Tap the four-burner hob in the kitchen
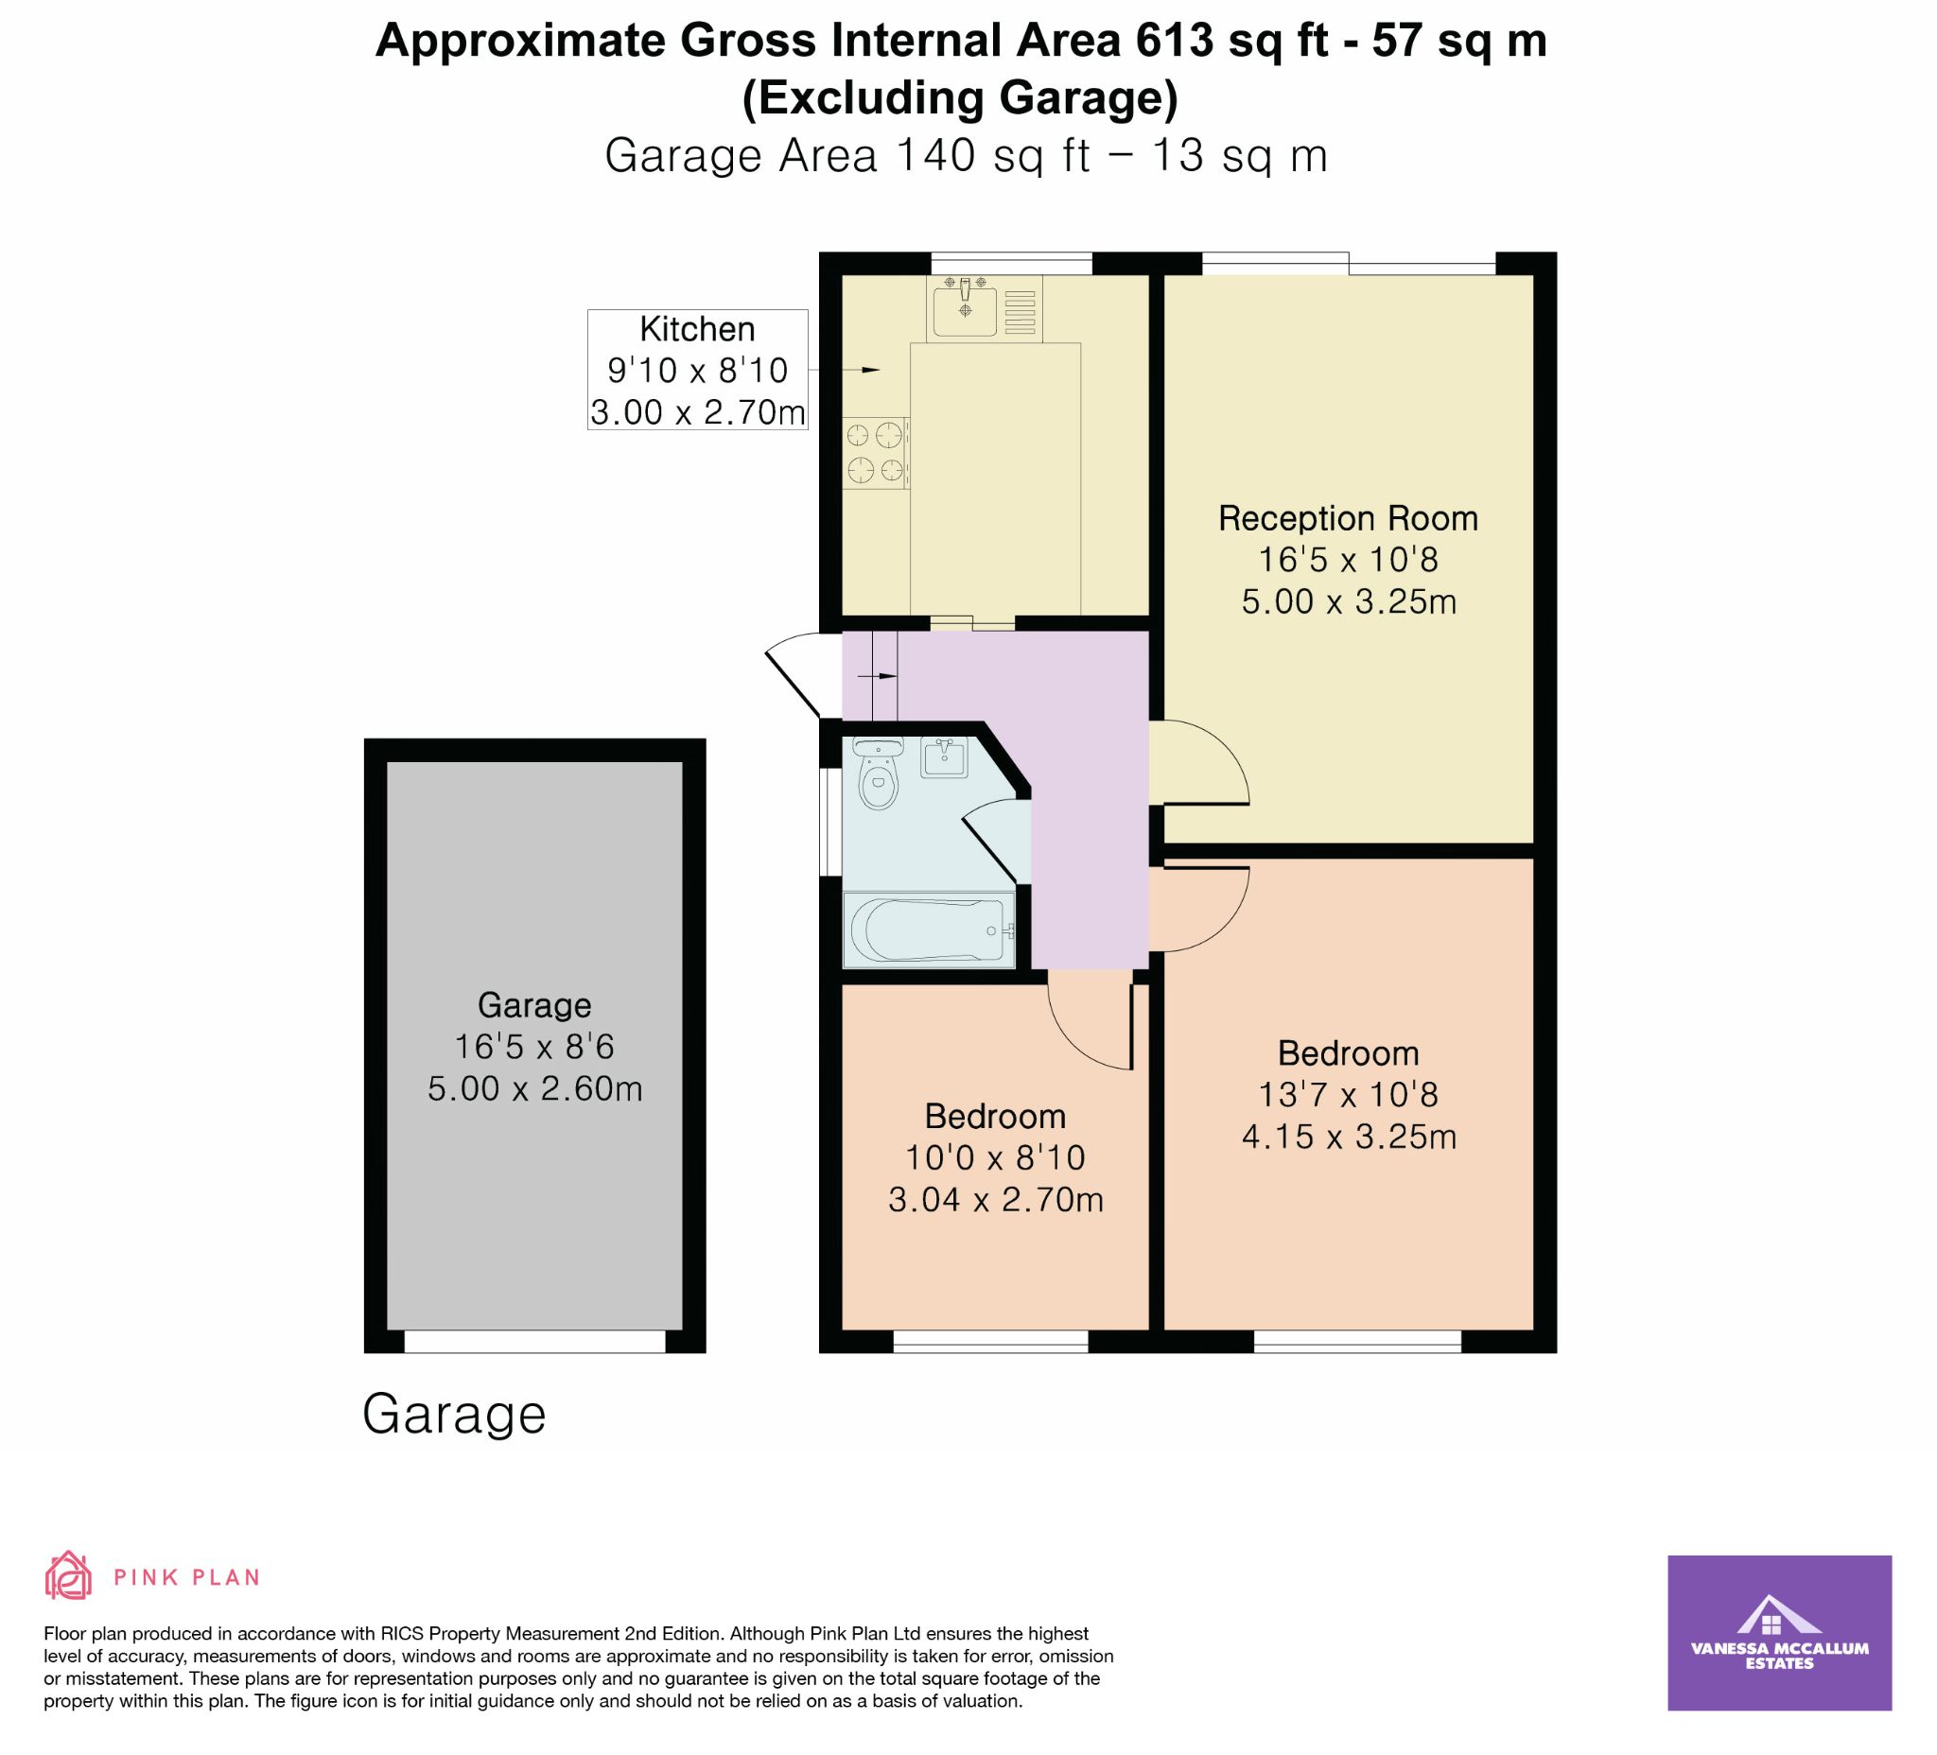[x=876, y=452]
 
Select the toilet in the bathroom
[x=877, y=773]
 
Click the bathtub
[x=928, y=930]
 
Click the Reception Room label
[x=1348, y=519]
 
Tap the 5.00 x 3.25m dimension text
[x=1349, y=602]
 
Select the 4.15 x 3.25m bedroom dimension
[x=1349, y=1138]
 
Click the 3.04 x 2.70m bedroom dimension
[x=995, y=1200]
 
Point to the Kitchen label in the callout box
[x=698, y=329]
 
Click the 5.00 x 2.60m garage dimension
[x=535, y=1088]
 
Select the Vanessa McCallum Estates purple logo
[x=1779, y=1633]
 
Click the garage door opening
[x=535, y=1341]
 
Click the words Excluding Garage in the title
[x=961, y=98]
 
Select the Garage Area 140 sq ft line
[x=966, y=156]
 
